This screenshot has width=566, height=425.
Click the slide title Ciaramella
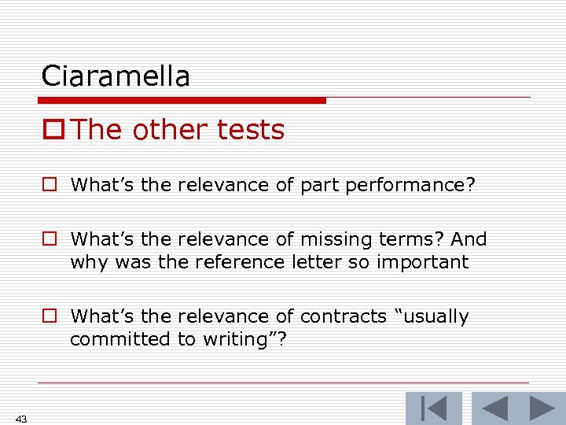116,76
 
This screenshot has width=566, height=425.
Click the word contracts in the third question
343,316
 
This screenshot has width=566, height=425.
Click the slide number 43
21,419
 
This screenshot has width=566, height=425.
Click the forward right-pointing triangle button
542,408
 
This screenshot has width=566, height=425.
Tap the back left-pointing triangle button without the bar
493,408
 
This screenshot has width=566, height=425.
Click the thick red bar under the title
182,101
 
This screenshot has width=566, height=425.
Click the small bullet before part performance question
50,186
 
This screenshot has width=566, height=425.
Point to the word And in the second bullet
472,239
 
